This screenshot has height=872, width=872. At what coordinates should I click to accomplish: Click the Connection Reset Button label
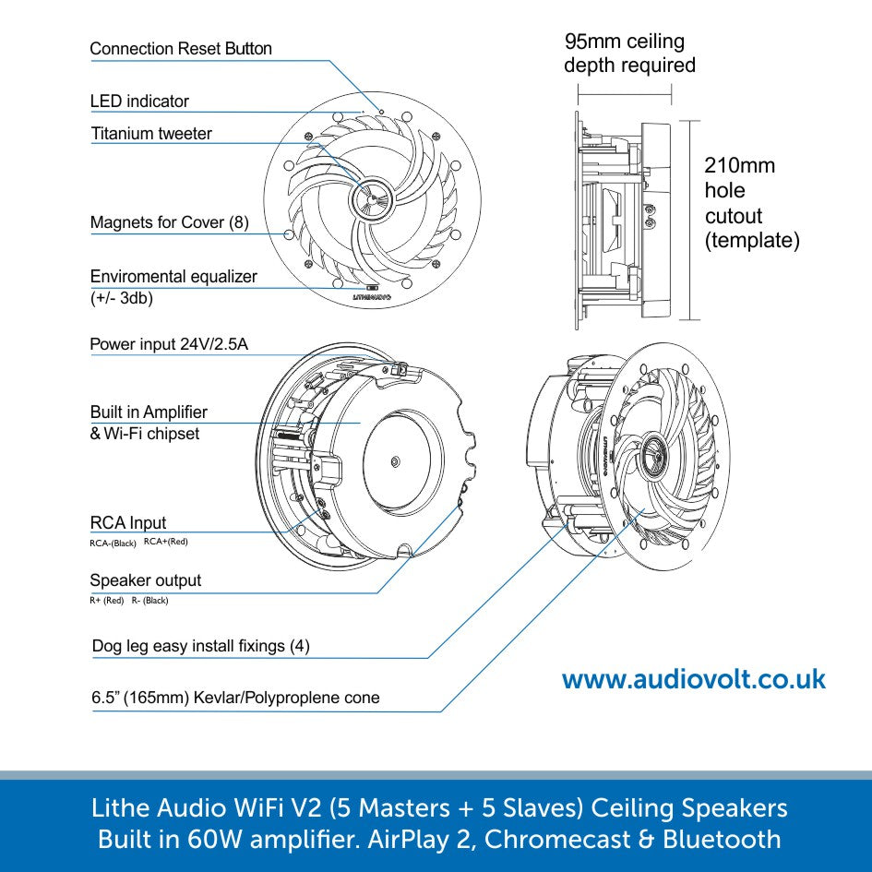coord(181,49)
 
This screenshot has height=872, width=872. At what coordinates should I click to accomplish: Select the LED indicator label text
coord(139,102)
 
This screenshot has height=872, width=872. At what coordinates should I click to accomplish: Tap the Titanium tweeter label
coord(151,134)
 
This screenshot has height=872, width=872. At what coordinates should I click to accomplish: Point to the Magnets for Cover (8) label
coord(169,222)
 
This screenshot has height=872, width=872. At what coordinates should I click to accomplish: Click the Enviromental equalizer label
coord(173,277)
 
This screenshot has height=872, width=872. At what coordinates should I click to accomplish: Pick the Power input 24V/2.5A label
coord(169,345)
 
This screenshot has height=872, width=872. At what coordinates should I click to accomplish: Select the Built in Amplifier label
coord(149,412)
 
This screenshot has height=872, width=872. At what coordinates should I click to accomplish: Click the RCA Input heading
coord(128,523)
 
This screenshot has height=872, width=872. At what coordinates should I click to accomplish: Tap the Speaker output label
coord(145,580)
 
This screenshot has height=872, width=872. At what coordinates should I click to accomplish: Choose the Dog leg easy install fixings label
coord(200,646)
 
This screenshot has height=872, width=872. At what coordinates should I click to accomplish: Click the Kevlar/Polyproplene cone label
coord(235,698)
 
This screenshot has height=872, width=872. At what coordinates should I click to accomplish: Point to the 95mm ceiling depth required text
coord(628,54)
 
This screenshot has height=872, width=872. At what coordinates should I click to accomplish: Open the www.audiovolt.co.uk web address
coord(693,680)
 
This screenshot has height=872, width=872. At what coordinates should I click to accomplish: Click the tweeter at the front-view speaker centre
coord(371,197)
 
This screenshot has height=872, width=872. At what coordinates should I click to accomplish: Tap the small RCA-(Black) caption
coord(113,544)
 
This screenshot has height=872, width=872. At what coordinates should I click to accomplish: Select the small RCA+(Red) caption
coord(166,542)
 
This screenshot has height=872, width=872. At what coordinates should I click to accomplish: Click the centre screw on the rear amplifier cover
coord(395,460)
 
